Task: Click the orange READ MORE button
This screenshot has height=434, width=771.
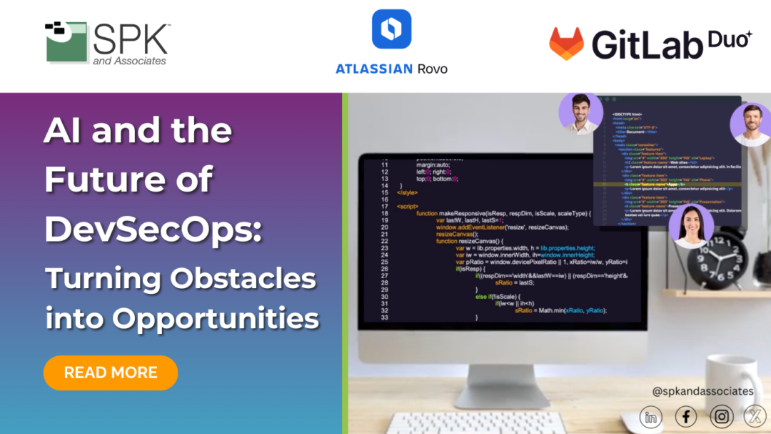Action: point(111,373)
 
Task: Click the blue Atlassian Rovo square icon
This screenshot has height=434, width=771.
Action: point(391,29)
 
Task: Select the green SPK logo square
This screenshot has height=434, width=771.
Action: point(66,41)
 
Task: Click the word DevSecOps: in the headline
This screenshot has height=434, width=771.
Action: point(153,227)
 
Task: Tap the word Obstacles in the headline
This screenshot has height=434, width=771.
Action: point(243,278)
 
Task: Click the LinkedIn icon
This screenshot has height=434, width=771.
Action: point(650,416)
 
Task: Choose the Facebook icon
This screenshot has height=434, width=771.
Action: point(686,416)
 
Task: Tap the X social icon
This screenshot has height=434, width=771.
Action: point(755,416)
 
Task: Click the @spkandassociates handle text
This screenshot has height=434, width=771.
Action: point(702,391)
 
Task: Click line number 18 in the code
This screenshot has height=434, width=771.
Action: point(383,213)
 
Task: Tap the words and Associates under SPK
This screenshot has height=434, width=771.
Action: point(129,61)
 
